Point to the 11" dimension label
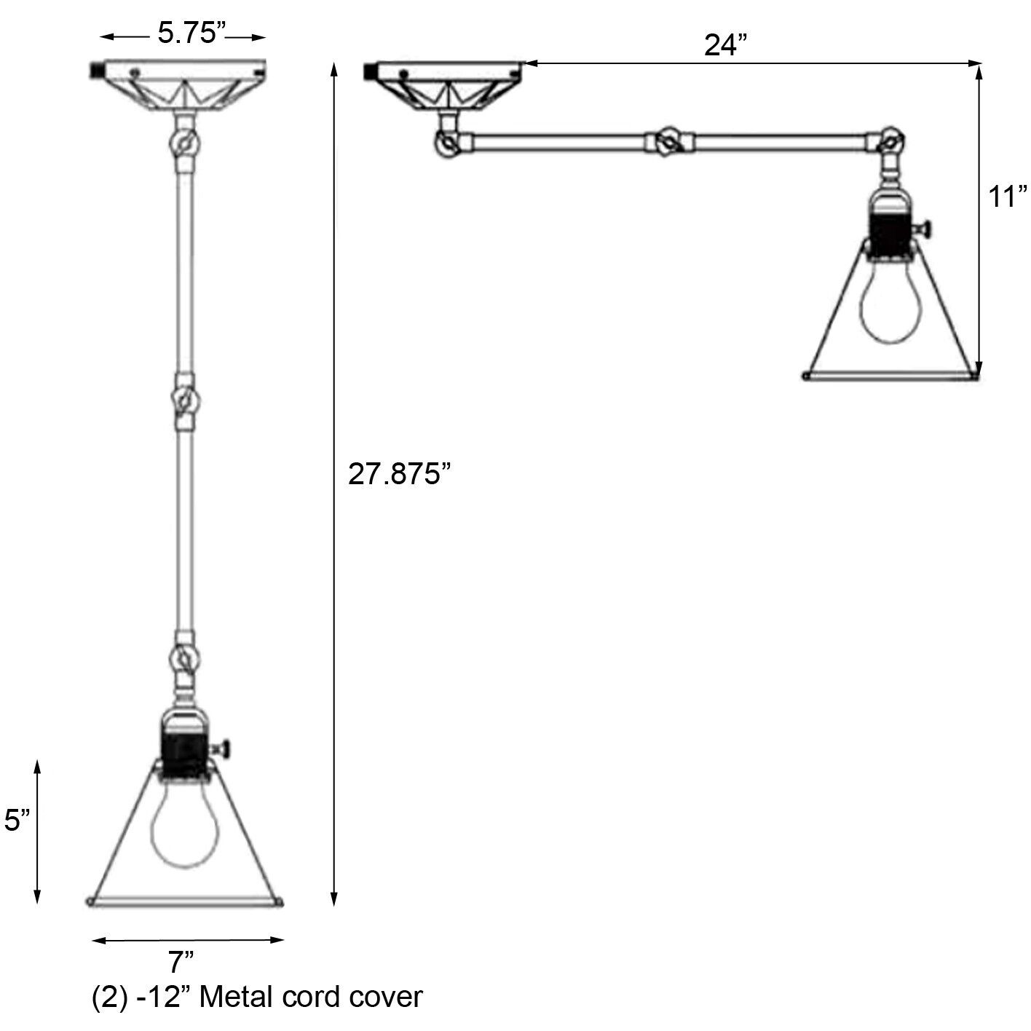pos(1007,197)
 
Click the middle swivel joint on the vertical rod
pos(184,400)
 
